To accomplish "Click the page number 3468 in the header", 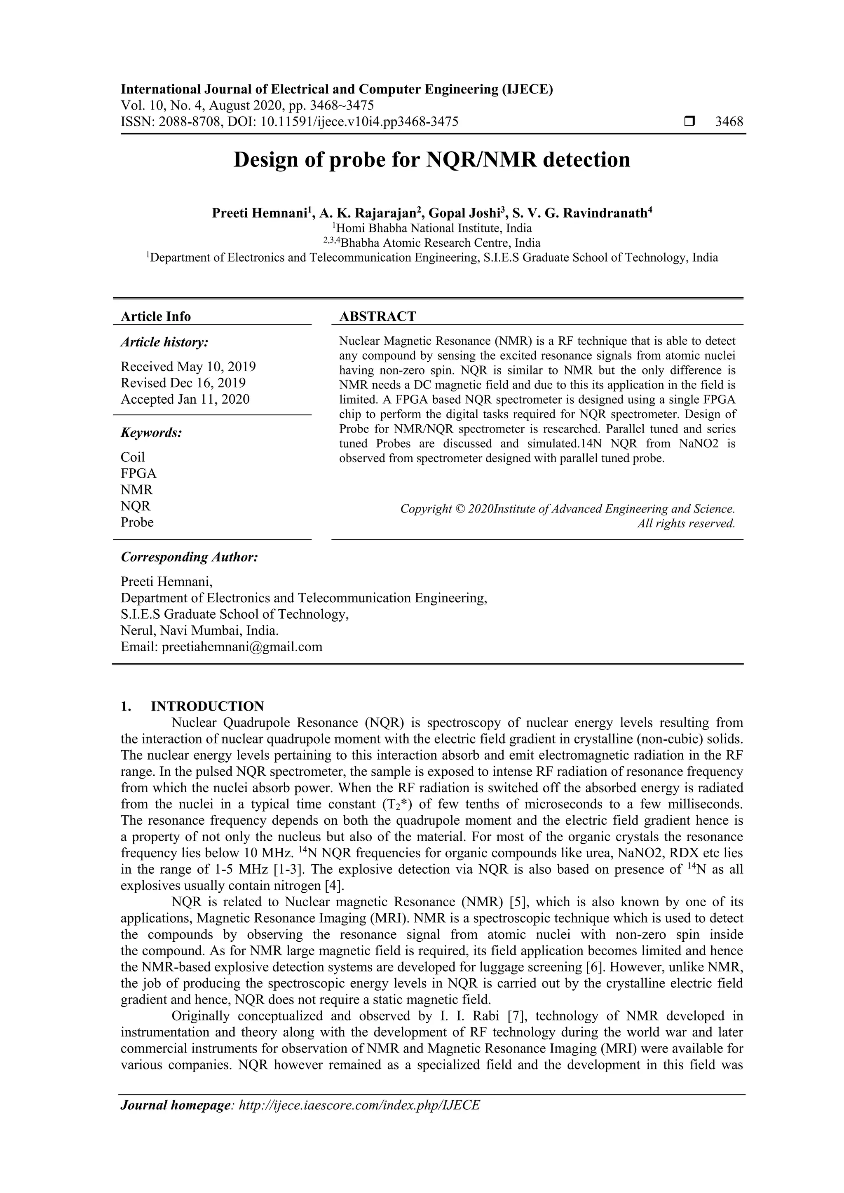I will [x=729, y=122].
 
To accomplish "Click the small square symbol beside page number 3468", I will [x=689, y=122].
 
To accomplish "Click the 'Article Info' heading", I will [x=155, y=316].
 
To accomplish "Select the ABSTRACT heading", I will [x=377, y=316].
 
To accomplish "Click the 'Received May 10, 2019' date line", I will [x=188, y=367].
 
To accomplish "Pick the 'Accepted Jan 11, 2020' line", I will [x=185, y=399].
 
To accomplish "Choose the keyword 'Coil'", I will [x=133, y=457].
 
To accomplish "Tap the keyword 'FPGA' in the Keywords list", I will [x=138, y=473].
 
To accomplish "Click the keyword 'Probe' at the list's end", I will [x=137, y=522].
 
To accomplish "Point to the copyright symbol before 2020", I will [x=460, y=509].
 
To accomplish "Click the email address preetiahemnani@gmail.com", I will [x=242, y=647].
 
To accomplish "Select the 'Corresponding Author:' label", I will [x=189, y=557].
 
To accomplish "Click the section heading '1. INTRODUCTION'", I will [x=192, y=706].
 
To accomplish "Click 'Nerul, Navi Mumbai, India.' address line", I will [x=199, y=631].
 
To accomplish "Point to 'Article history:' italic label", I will [x=164, y=342].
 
